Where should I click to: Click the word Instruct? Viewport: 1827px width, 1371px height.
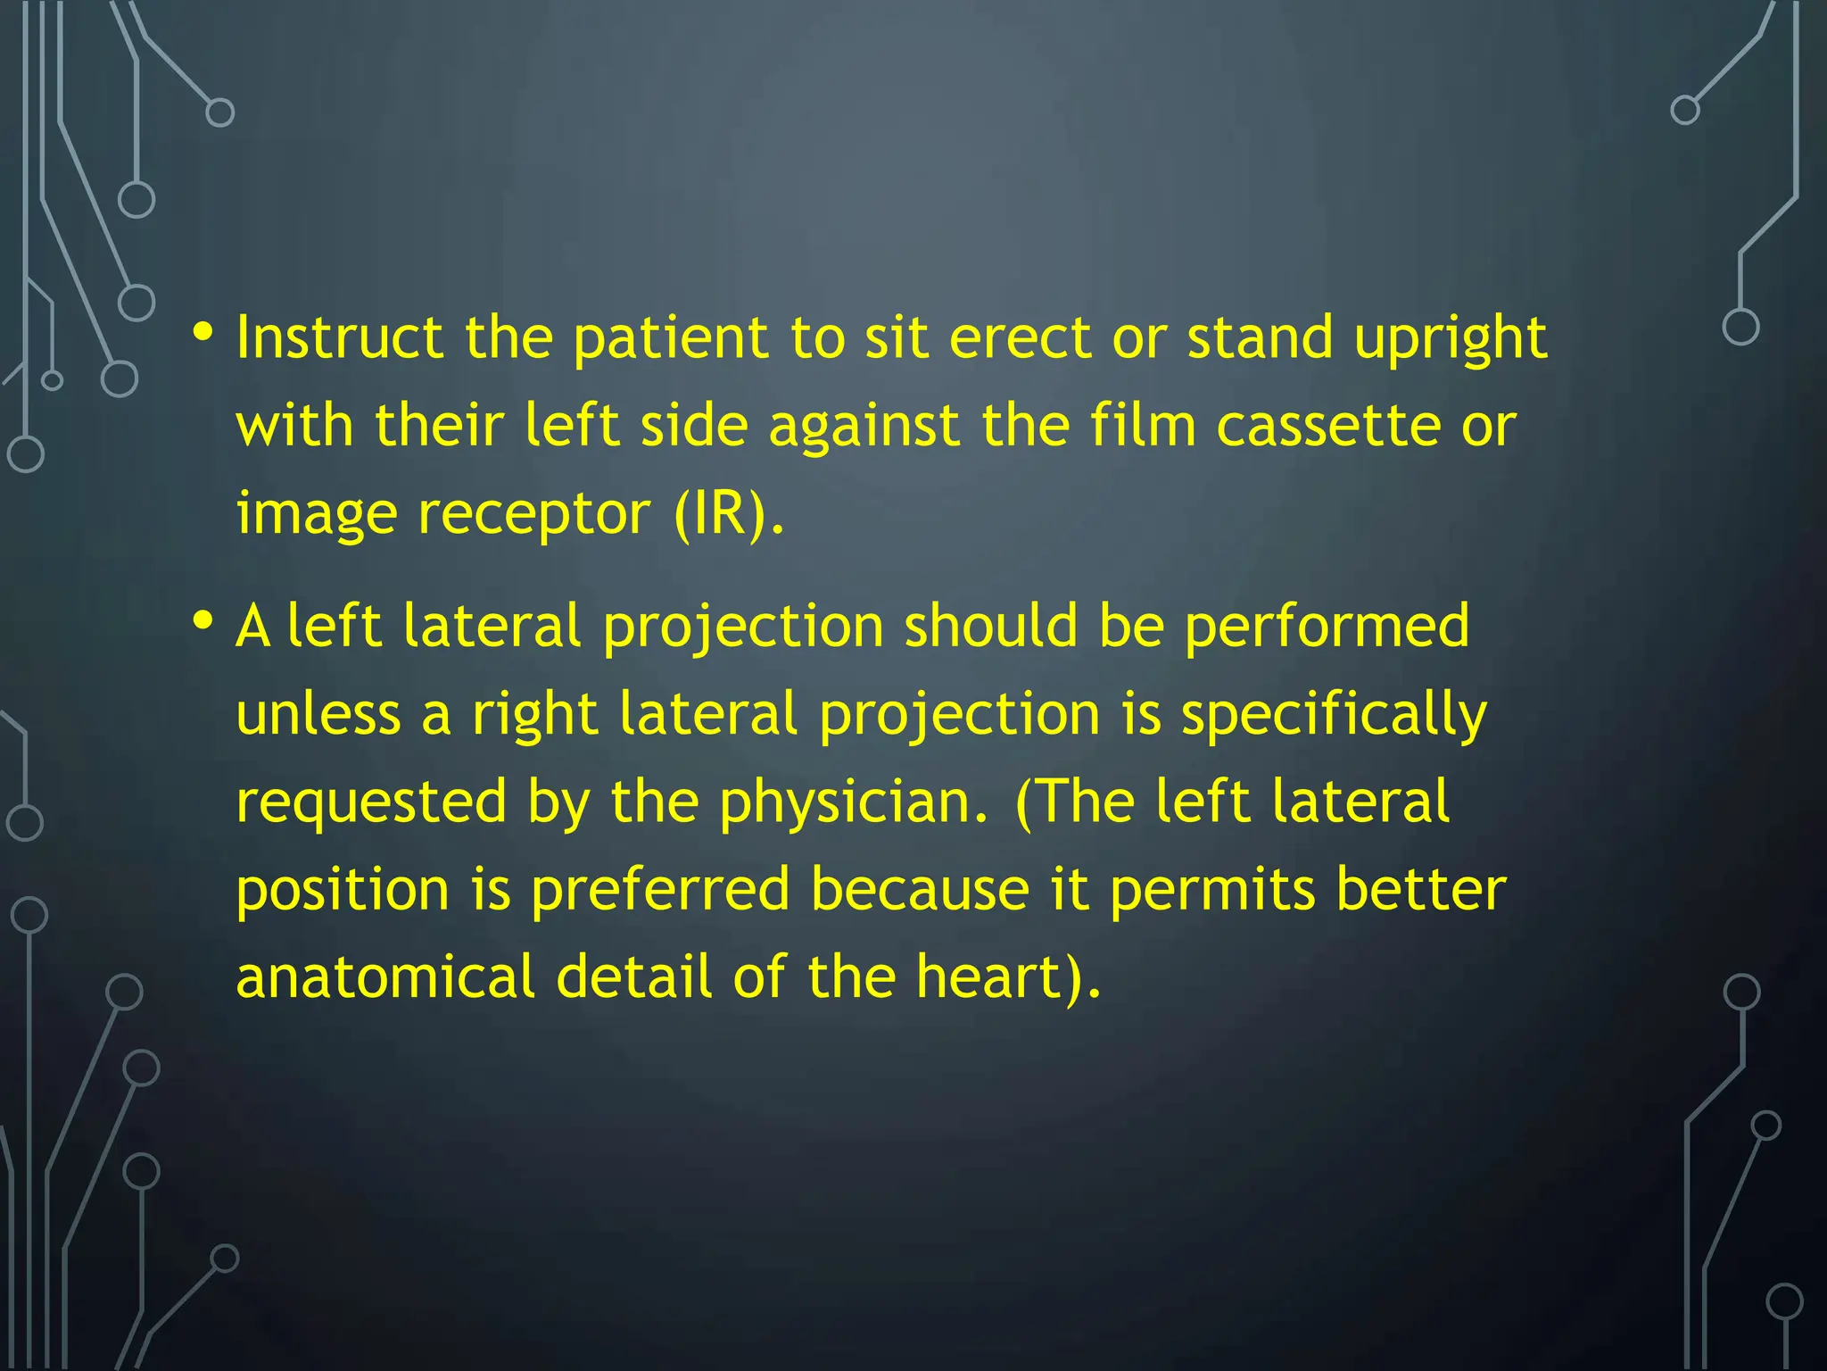click(339, 338)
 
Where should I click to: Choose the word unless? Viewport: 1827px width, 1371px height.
click(318, 714)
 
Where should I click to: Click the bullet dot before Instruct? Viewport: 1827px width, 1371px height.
click(203, 333)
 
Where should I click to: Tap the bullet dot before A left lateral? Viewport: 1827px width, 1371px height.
click(203, 619)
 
